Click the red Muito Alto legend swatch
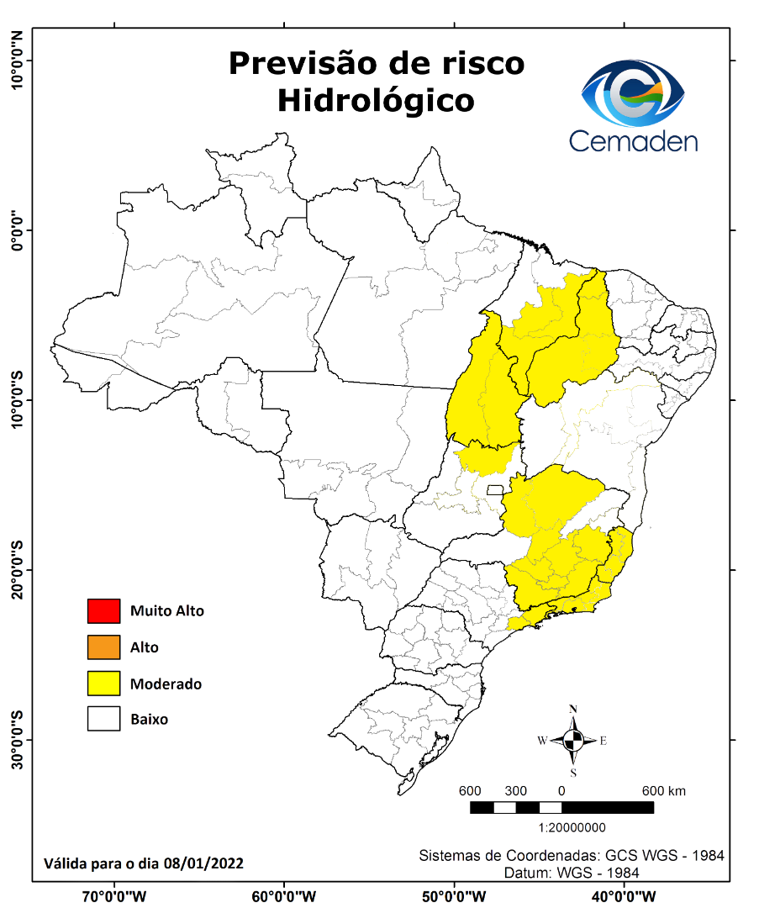click(x=103, y=610)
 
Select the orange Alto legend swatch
click(x=103, y=647)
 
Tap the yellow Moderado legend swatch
click(x=103, y=684)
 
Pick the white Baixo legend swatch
click(x=103, y=720)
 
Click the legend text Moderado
click(x=166, y=684)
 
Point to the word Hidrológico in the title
click(x=376, y=100)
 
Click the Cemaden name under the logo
click(x=633, y=140)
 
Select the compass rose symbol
click(x=573, y=741)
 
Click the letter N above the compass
click(x=573, y=709)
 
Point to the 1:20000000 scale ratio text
click(x=572, y=827)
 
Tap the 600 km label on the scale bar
click(x=664, y=791)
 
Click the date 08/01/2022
click(x=203, y=863)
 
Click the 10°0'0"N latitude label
click(x=17, y=60)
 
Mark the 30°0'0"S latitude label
click(x=17, y=740)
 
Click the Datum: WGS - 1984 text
click(x=572, y=873)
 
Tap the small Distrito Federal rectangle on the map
click(x=495, y=489)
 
